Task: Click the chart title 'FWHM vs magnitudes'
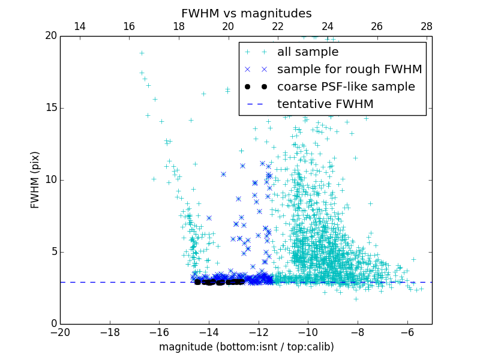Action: (x=246, y=13)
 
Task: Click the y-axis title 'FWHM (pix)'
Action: (x=35, y=179)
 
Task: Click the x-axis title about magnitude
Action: (x=246, y=347)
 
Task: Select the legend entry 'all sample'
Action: (x=308, y=52)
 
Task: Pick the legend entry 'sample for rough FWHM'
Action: (x=349, y=70)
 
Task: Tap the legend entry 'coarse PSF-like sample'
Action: (x=346, y=87)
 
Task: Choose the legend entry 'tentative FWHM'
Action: (x=325, y=104)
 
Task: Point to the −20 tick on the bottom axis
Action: (x=60, y=332)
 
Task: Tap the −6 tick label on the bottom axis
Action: (x=407, y=332)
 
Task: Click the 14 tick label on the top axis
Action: (x=79, y=26)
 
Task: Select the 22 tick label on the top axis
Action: (x=278, y=26)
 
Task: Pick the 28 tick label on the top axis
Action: (x=427, y=26)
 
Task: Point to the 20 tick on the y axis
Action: (x=50, y=36)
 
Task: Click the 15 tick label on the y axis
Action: (x=50, y=108)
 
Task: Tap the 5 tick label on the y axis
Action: (x=53, y=252)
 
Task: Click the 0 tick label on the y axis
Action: (x=53, y=324)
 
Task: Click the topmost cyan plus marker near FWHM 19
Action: (x=142, y=53)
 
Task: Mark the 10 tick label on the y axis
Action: (x=50, y=180)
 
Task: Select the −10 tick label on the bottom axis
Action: (x=308, y=332)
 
